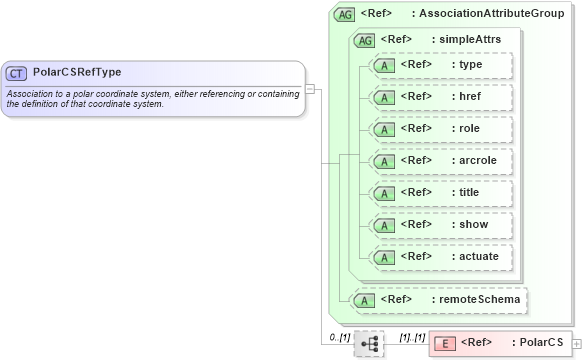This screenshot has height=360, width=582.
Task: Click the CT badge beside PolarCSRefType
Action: click(17, 73)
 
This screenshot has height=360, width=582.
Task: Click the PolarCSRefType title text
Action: click(77, 73)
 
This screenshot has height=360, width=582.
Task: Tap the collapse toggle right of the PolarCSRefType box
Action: click(310, 88)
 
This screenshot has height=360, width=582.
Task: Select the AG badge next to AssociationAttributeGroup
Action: click(345, 15)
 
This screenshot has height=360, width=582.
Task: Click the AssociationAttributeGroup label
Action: click(491, 15)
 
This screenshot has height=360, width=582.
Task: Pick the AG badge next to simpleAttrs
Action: click(365, 39)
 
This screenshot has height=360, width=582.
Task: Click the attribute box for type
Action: click(440, 65)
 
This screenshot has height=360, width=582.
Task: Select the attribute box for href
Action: click(440, 97)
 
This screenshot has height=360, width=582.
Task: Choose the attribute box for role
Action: click(440, 129)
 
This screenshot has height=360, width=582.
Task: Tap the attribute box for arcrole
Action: click(440, 161)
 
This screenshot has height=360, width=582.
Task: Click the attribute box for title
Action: click(440, 193)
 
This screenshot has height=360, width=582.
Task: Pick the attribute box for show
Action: click(440, 225)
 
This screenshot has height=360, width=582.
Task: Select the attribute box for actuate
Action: click(440, 257)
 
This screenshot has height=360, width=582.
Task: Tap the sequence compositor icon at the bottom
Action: click(369, 343)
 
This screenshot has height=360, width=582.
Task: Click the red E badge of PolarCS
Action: click(447, 343)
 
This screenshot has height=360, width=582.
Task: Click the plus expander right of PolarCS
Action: click(575, 344)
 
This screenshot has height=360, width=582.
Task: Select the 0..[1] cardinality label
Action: click(340, 337)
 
